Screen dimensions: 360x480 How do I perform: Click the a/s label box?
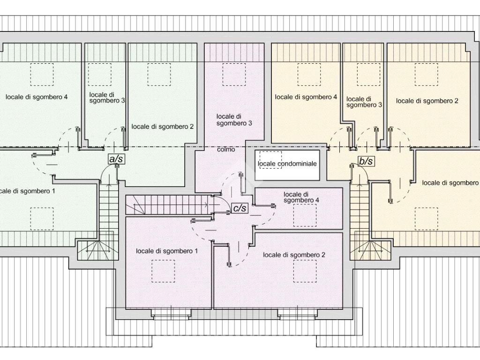[116, 159]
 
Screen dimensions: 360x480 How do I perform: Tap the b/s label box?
[366, 161]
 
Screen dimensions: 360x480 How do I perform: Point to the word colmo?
[226, 150]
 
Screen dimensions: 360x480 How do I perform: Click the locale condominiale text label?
[287, 164]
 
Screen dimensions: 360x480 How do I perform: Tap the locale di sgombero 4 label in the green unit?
[37, 97]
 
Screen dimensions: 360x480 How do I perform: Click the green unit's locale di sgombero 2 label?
[162, 127]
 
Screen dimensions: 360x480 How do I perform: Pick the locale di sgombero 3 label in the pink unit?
[234, 120]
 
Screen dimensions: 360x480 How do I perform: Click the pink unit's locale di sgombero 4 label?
[301, 197]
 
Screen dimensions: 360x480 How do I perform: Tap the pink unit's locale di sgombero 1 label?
[166, 251]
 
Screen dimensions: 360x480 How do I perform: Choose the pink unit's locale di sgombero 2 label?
[294, 255]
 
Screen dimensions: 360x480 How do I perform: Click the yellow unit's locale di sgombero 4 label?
[306, 97]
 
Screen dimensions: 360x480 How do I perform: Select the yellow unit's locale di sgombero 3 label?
[364, 102]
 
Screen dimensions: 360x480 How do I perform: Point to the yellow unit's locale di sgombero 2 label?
[427, 101]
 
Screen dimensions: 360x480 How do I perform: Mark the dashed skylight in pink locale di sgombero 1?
[163, 271]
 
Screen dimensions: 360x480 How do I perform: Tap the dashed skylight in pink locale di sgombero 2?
[305, 271]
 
